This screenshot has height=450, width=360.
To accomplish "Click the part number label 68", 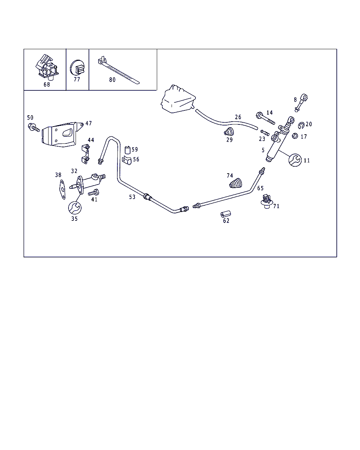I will coord(47,85).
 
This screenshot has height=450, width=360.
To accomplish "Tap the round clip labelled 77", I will coord(77,68).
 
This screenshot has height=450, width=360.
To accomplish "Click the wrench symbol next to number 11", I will coord(295,160).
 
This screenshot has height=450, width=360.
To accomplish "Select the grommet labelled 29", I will coord(229,132).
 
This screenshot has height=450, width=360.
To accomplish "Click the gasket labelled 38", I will coord(62,190).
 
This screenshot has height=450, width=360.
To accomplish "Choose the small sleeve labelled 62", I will coord(225,214).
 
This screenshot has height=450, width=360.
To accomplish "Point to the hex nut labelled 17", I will coord(295,136).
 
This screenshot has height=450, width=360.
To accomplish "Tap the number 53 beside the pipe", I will coord(132,197).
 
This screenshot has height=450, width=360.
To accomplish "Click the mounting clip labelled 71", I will coord(266,202).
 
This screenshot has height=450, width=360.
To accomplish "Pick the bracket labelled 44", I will coord(85,155).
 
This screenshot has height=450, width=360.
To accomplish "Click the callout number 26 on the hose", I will coord(238,117).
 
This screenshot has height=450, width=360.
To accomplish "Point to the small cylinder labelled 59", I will coord(128,149).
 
